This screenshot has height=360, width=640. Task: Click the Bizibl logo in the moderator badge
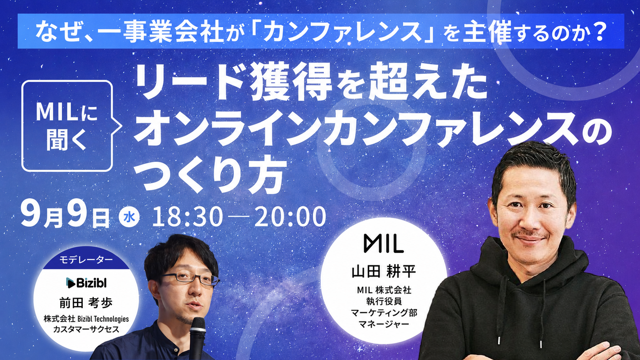(86, 283)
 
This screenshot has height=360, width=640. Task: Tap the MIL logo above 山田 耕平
(384, 244)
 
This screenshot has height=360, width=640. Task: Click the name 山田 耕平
(384, 272)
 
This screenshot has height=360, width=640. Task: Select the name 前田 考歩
(86, 303)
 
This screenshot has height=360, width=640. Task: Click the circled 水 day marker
(129, 218)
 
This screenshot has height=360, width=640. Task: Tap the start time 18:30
(188, 217)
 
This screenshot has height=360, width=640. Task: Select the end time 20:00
(290, 217)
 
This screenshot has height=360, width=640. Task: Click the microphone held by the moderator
(198, 338)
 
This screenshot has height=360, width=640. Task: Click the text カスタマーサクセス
(86, 329)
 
